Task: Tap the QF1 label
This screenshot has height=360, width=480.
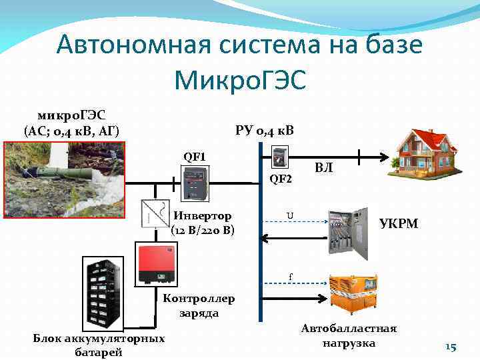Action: pos(195,157)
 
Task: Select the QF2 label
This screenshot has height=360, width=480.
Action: pos(281,178)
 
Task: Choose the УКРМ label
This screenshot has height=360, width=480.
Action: pos(399,223)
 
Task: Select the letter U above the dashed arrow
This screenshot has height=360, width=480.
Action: pos(289,215)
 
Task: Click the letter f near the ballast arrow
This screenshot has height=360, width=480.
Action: pos(290,275)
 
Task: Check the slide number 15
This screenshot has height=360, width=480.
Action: pos(450,347)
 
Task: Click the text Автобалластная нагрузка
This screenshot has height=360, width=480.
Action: pos(349,336)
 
